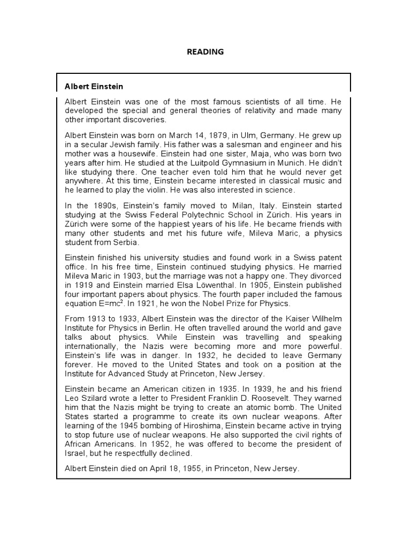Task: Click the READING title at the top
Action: pos(205,52)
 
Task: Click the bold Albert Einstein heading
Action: pos(94,86)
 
